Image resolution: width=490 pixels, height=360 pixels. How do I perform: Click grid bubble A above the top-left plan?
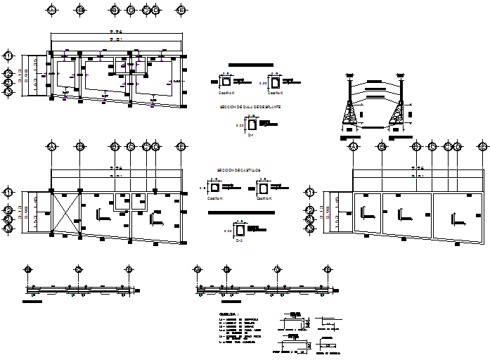(51, 11)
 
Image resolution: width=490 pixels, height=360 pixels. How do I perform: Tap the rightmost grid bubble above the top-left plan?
(181, 11)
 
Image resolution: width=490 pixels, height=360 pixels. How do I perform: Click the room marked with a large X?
(64, 213)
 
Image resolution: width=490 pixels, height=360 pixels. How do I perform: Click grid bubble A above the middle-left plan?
(51, 146)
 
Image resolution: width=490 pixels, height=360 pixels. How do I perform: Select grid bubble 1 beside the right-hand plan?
(309, 192)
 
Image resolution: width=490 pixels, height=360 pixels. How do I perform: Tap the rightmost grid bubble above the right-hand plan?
(484, 146)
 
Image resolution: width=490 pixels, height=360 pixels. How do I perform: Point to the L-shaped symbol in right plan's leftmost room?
(366, 212)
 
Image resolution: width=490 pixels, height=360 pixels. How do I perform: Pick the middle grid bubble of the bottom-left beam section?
(79, 270)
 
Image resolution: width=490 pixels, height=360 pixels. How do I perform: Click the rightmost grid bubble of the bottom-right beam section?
(327, 270)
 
